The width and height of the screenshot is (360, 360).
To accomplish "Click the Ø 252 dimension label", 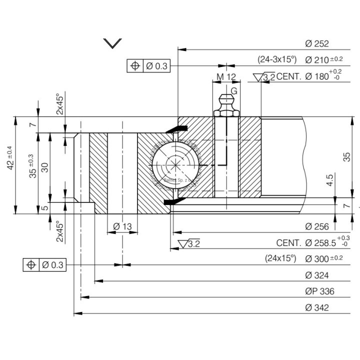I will tap(316, 43).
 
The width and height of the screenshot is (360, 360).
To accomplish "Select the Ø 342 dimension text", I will tap(316, 307).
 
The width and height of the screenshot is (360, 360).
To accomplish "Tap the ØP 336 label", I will tap(319, 291).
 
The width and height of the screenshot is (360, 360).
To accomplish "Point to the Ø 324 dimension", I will tap(316, 275).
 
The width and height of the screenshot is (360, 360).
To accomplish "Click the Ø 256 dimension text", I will tap(316, 226).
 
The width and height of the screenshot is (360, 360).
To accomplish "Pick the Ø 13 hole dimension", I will tap(122, 226).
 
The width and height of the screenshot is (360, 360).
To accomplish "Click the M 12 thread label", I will tap(226, 77).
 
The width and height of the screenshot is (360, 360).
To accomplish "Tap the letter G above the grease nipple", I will tap(233, 91).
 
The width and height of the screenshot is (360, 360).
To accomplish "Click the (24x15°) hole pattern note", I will tap(280, 259).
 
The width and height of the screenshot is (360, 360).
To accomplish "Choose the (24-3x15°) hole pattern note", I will tap(277, 59).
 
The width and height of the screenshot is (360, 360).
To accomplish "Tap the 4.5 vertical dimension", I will tap(329, 180).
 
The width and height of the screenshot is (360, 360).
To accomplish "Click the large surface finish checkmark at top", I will tap(112, 43).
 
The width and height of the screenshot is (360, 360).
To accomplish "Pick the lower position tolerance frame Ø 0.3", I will tap(45, 265).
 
